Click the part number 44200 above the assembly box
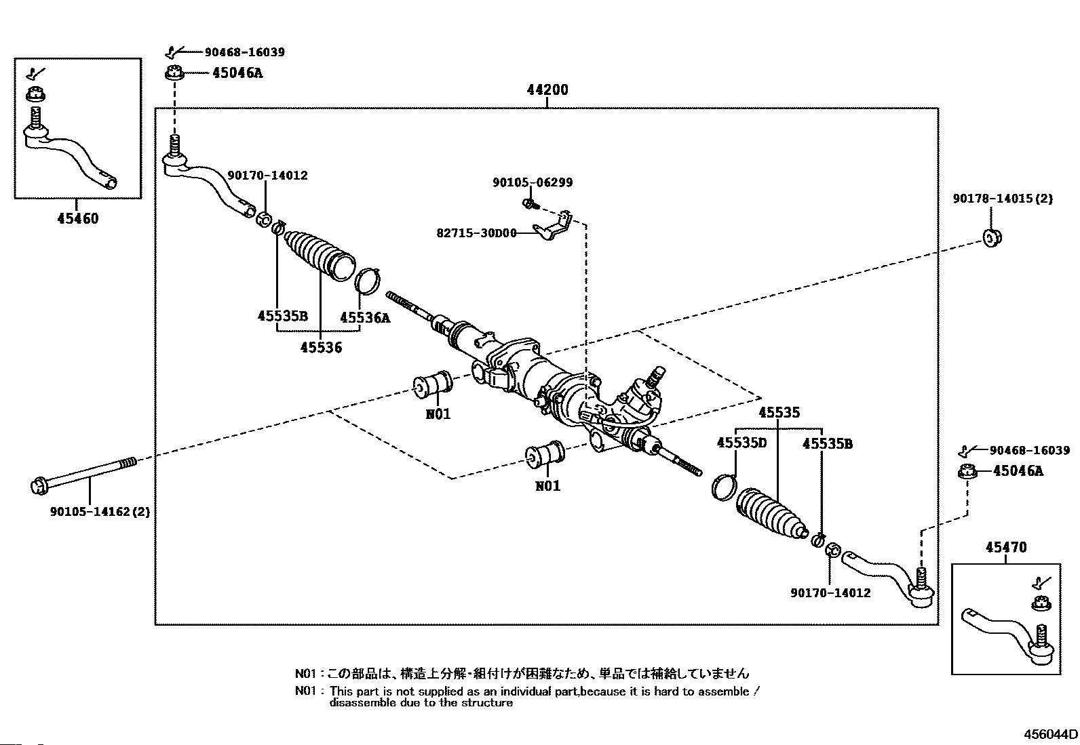[x=547, y=89]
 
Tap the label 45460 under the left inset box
[x=78, y=219]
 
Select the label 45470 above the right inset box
[x=1006, y=548]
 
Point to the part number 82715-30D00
[x=476, y=233]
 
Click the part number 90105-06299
[x=533, y=182]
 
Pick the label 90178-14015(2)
[x=1003, y=199]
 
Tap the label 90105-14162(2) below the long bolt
[x=100, y=511]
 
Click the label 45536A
[x=365, y=317]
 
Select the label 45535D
[x=741, y=443]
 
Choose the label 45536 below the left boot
[x=321, y=348]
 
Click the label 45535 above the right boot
[x=779, y=413]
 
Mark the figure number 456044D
[x=1051, y=734]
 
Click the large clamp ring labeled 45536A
[x=368, y=281]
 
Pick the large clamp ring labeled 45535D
[x=725, y=487]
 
